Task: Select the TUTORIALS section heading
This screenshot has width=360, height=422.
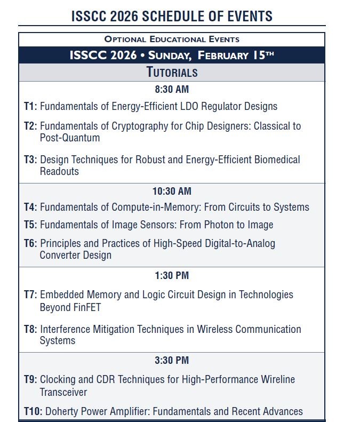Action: tap(172, 73)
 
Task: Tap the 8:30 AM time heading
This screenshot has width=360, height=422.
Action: tap(172, 90)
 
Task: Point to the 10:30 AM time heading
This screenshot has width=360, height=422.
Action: tap(172, 191)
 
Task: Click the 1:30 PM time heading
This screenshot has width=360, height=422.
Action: tap(172, 276)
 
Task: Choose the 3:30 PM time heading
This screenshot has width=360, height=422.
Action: tap(172, 361)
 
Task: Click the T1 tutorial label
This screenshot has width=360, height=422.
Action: tap(30, 106)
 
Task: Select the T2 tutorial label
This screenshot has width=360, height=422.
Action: tap(30, 126)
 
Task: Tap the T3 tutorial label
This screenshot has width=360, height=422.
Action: tap(30, 160)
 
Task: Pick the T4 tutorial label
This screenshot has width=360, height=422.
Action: tap(30, 208)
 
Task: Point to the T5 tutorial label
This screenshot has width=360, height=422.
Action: tap(30, 225)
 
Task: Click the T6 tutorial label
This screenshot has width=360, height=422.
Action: tap(30, 243)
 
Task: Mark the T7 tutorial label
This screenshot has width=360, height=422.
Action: tap(30, 294)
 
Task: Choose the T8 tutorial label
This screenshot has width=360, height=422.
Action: tap(30, 329)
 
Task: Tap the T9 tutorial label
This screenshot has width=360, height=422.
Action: tap(30, 380)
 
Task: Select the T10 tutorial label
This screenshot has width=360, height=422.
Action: tap(32, 411)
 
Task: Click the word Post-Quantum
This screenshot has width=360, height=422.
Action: tap(70, 138)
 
